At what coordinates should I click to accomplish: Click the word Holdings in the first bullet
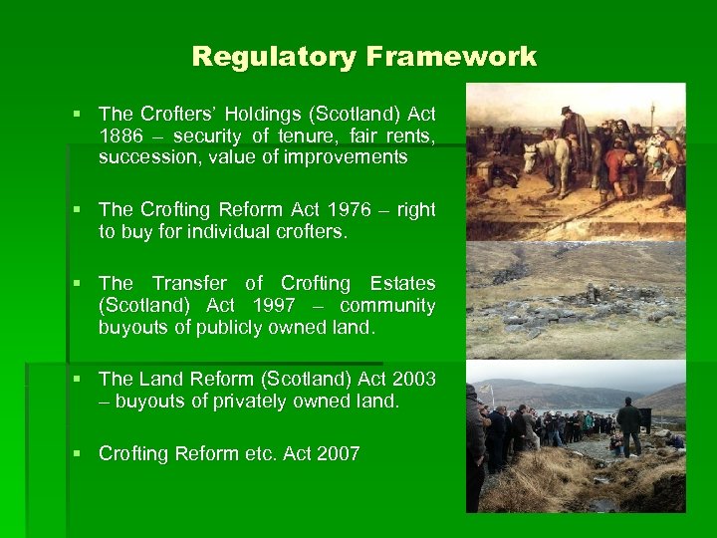tap(260, 116)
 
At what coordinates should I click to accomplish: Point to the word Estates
tap(401, 284)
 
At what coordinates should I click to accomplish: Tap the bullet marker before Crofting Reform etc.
tap(77, 454)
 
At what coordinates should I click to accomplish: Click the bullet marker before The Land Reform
tap(77, 380)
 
